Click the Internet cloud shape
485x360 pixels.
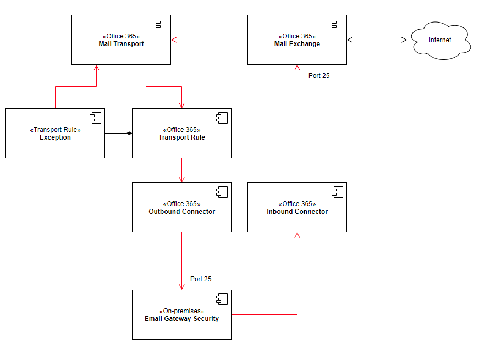(x=440, y=40)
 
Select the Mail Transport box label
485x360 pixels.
(x=121, y=44)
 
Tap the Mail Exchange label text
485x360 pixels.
(x=297, y=44)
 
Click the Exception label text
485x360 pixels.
(x=55, y=137)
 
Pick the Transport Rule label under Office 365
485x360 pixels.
(x=181, y=137)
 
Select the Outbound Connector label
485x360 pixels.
(x=181, y=212)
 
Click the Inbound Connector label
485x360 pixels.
(x=297, y=212)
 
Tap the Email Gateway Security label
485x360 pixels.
(x=181, y=319)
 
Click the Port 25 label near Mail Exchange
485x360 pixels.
(x=319, y=76)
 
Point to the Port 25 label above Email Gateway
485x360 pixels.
(x=201, y=279)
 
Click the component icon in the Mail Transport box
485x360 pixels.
(x=161, y=24)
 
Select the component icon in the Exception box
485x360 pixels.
(x=95, y=118)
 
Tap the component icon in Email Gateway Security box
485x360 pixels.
(x=222, y=299)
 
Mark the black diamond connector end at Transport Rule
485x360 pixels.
(x=129, y=133)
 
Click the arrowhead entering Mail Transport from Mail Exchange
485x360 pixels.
(x=174, y=40)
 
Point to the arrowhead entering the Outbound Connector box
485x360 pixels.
(x=181, y=179)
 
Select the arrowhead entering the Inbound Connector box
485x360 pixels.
(x=297, y=235)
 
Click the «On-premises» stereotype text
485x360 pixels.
(x=181, y=311)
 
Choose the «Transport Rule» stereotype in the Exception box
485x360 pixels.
(x=55, y=130)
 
